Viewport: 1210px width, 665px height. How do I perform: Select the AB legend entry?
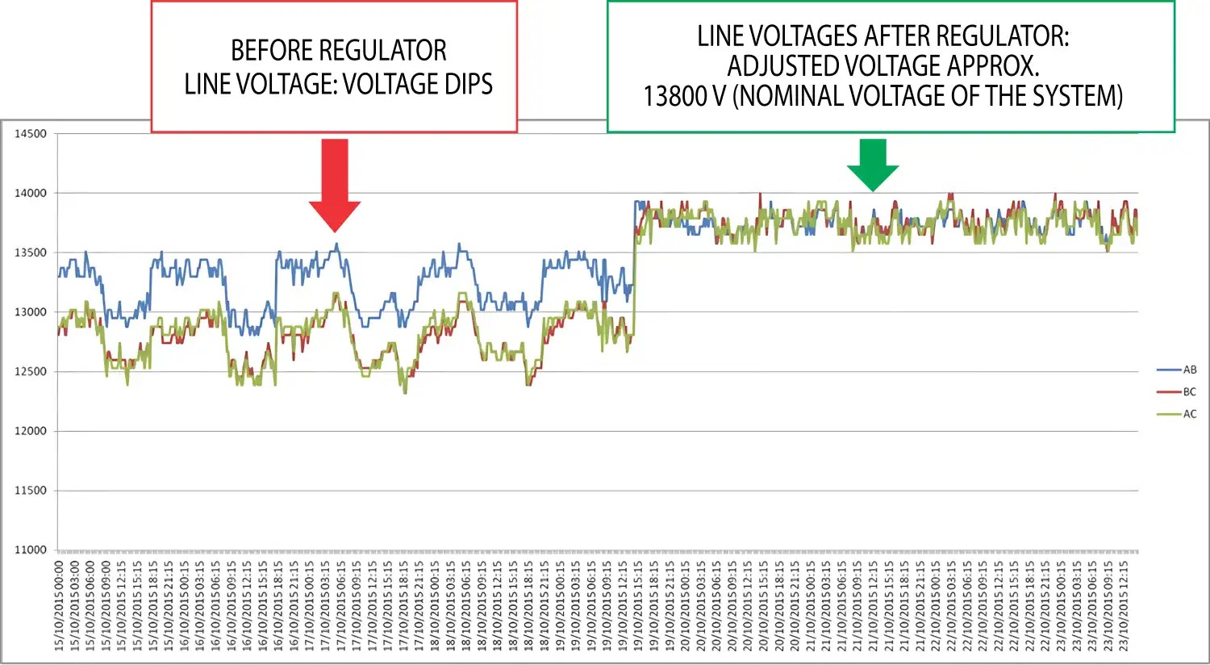(x=1189, y=370)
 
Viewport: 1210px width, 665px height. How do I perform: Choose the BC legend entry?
(x=1189, y=392)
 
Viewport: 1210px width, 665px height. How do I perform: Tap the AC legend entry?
(x=1189, y=414)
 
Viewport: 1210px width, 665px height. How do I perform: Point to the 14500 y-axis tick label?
(x=31, y=134)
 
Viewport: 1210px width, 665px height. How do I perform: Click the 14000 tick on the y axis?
(x=31, y=193)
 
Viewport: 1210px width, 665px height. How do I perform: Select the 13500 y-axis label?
(x=31, y=253)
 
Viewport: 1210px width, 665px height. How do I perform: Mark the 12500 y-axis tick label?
(x=31, y=371)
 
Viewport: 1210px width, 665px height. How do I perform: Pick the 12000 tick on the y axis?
(x=31, y=431)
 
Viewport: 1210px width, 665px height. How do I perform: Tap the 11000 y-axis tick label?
(x=31, y=550)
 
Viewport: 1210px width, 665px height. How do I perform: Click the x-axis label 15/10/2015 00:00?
(x=59, y=605)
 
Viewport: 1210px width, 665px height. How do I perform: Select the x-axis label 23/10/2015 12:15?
(x=1124, y=605)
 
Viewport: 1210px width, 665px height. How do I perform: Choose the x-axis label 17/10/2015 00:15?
(x=310, y=605)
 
